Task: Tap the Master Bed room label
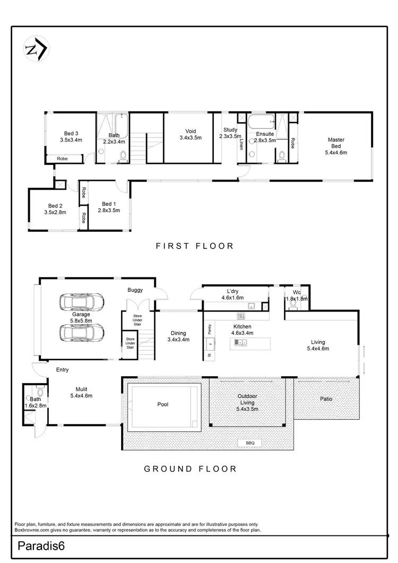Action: [x=335, y=146]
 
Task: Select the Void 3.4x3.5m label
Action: [x=191, y=135]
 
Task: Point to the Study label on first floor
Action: [x=230, y=133]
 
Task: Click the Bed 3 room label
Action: [x=71, y=137]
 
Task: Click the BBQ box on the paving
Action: [x=250, y=443]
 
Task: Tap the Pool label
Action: [x=163, y=404]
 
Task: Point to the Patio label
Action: [x=326, y=399]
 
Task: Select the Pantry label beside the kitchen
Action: [x=210, y=327]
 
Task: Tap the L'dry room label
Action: [x=232, y=295]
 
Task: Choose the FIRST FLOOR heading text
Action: [x=194, y=246]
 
